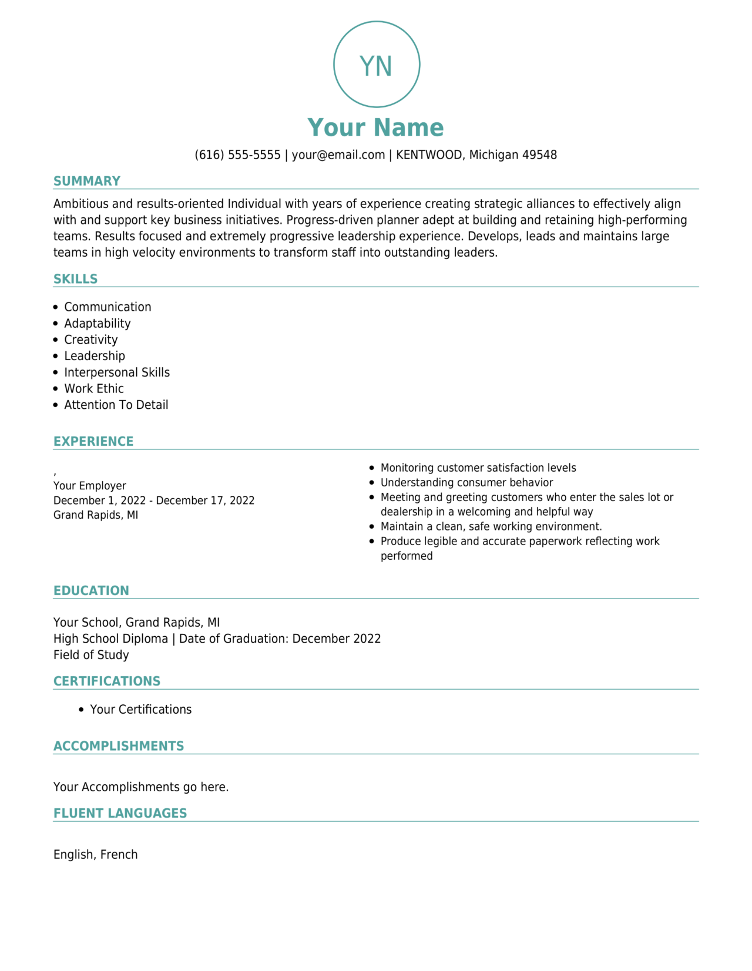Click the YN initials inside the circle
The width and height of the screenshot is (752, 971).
376,66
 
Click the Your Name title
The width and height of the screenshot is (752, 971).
375,127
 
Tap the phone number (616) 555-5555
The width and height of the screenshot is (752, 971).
237,155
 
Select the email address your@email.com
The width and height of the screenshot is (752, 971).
338,155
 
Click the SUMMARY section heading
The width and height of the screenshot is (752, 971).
87,181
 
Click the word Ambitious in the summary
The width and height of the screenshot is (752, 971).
80,204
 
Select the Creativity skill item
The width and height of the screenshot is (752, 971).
90,340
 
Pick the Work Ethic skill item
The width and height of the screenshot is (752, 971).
93,388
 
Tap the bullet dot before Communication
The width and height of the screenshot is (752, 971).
56,307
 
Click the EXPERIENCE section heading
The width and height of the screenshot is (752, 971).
93,441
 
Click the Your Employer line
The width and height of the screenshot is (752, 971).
89,486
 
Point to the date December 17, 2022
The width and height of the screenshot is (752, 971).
205,500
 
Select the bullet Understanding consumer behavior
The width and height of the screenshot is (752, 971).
466,482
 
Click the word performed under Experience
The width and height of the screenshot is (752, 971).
407,556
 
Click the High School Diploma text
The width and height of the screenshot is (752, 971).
110,639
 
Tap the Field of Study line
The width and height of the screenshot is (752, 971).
91,655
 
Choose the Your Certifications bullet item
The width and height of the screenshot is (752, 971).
140,710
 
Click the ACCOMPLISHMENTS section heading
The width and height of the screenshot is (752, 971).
119,746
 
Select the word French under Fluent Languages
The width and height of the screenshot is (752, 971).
119,855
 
